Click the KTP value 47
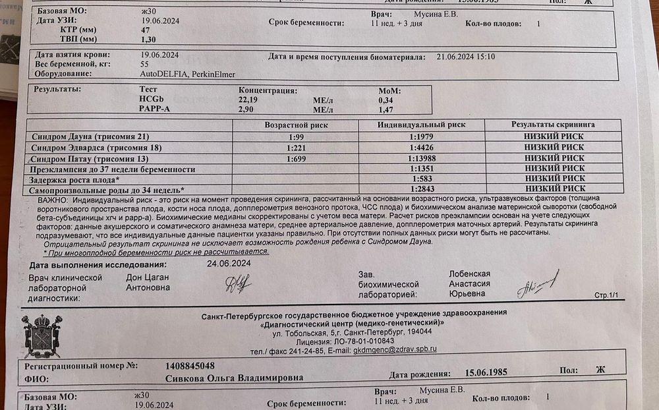tap(146, 30)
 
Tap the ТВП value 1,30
tap(149, 40)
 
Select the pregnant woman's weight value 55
tap(145, 65)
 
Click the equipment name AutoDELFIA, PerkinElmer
tap(187, 74)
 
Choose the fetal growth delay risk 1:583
tap(422, 179)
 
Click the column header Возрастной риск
tap(296, 125)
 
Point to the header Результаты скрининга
tap(553, 125)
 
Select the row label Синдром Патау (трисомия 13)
tap(90, 159)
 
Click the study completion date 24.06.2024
tap(229, 263)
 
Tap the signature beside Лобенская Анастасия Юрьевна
tap(536, 284)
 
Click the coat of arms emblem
tap(42, 336)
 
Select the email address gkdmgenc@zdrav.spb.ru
tap(395, 350)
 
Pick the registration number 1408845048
tap(190, 366)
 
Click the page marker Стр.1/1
tap(607, 295)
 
